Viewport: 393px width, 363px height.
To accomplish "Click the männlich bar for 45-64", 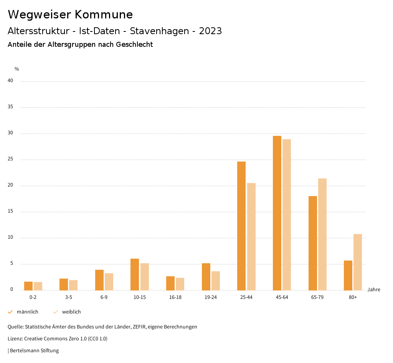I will pyautogui.click(x=277, y=213).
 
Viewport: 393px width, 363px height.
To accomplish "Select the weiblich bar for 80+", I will pyautogui.click(x=358, y=262).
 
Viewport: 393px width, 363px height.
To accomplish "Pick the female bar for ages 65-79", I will pyautogui.click(x=322, y=234).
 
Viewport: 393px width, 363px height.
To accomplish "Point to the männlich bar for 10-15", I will pyautogui.click(x=135, y=274).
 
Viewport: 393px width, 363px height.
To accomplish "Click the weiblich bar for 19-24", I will pyautogui.click(x=216, y=280).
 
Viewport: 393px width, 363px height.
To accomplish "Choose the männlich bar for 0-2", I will pyautogui.click(x=28, y=286).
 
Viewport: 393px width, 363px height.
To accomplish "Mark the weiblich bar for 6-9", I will pyautogui.click(x=109, y=282).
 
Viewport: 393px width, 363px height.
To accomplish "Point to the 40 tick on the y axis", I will pyautogui.click(x=10, y=81).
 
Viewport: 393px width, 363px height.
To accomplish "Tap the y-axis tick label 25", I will pyautogui.click(x=10, y=159).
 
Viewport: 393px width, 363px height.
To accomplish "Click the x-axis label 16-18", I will pyautogui.click(x=175, y=297).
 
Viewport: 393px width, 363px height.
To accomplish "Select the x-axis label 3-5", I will pyautogui.click(x=69, y=297).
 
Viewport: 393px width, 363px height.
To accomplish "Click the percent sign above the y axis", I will pyautogui.click(x=17, y=69).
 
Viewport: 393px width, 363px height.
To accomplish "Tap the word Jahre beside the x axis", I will pyautogui.click(x=373, y=290).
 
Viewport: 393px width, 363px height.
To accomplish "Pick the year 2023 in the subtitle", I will pyautogui.click(x=210, y=31).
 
